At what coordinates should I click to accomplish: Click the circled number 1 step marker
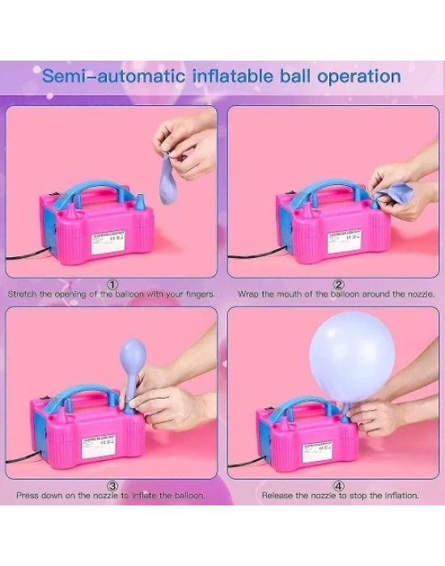(x=112, y=285)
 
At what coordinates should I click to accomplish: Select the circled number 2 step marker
(x=338, y=285)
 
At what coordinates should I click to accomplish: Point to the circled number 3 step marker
(x=112, y=485)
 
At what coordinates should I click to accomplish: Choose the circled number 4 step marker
(x=338, y=485)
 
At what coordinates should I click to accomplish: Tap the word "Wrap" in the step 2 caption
(x=247, y=294)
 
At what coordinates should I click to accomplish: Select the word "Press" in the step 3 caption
(x=28, y=495)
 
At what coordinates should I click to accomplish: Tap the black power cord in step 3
(x=24, y=460)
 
